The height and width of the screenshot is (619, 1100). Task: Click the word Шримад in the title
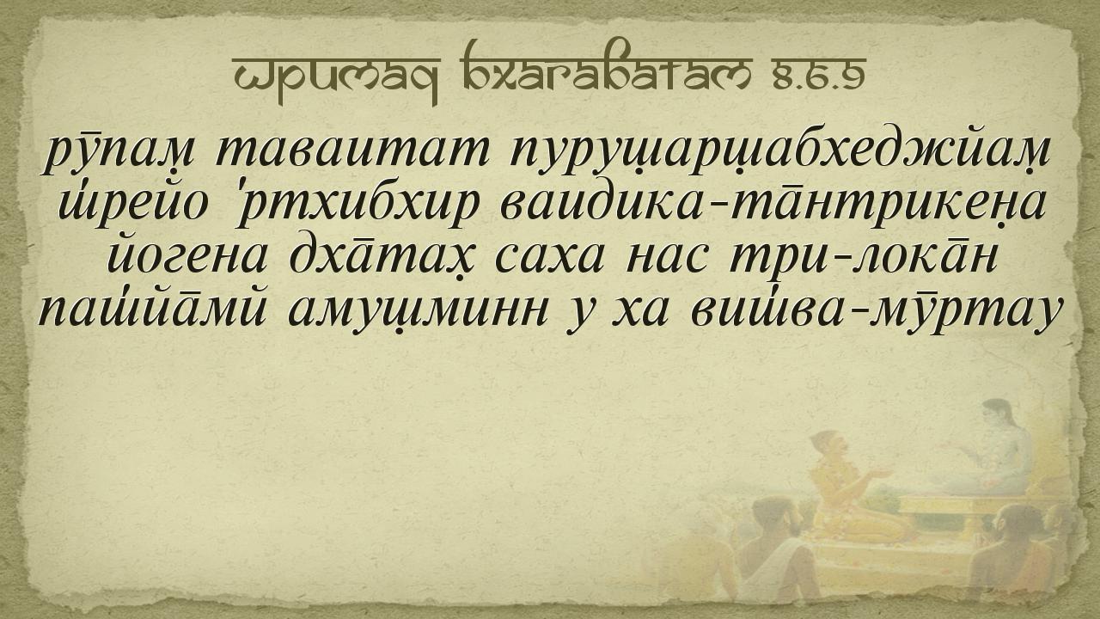[337, 77]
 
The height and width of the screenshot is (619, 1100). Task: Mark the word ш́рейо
[130, 205]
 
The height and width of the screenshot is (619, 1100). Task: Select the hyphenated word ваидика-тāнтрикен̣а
[772, 205]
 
